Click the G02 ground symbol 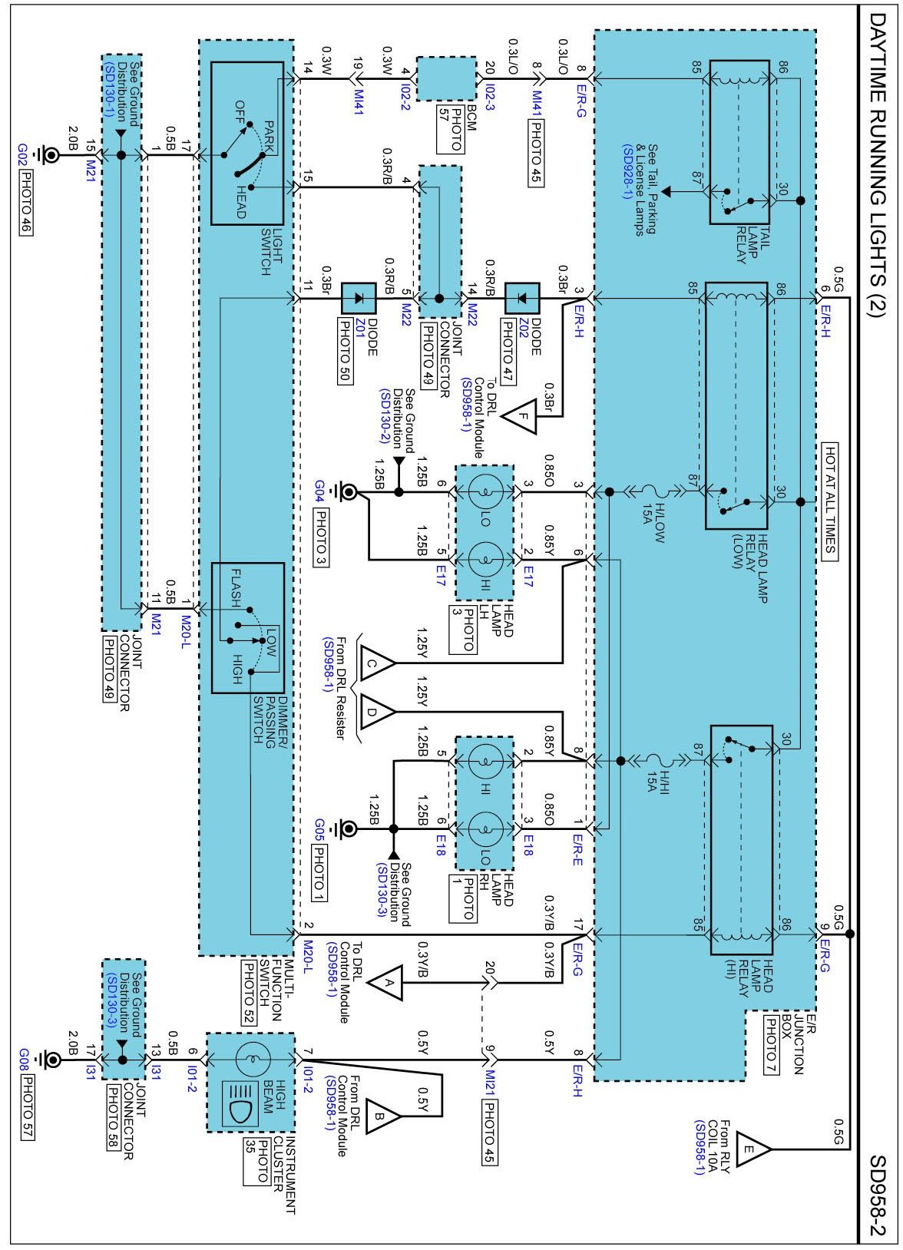(50, 156)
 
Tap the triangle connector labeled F (522, 417)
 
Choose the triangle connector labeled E (752, 1149)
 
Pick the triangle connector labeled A (386, 982)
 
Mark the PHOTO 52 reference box (250, 991)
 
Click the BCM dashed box (446, 78)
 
